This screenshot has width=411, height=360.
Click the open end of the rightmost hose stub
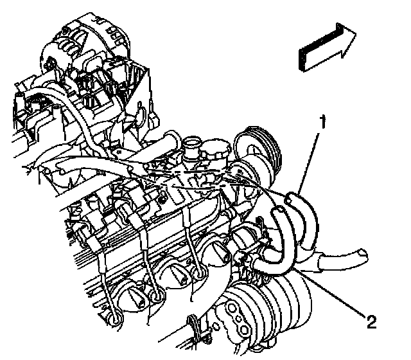click(x=363, y=253)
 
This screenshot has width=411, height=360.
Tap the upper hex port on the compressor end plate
click(x=232, y=307)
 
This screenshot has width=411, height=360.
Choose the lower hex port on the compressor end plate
click(x=244, y=329)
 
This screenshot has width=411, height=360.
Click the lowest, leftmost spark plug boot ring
click(x=115, y=318)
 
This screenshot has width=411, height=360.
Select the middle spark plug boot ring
click(x=157, y=296)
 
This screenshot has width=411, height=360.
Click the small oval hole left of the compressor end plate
click(x=216, y=327)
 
